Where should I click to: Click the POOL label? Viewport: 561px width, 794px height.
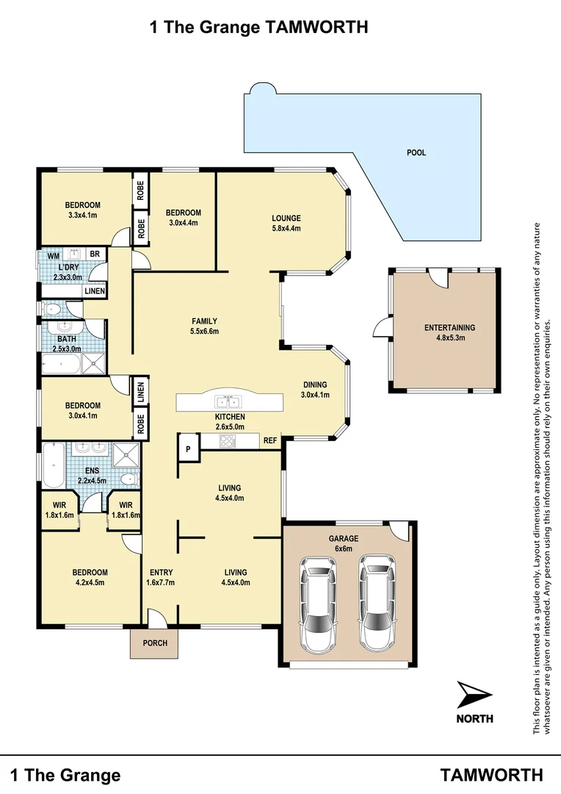(416, 153)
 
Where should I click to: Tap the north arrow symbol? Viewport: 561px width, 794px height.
(474, 694)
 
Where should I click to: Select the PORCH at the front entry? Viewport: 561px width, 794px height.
(155, 643)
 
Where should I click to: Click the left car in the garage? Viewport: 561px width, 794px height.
(317, 603)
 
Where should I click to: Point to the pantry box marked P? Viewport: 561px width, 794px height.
(187, 448)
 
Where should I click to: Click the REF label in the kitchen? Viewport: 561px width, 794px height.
(270, 441)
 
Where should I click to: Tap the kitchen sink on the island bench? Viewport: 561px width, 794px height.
(228, 402)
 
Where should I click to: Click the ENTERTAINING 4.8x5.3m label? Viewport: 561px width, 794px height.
(449, 333)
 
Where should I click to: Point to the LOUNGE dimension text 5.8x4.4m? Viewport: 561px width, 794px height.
(286, 228)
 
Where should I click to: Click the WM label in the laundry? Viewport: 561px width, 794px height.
(53, 256)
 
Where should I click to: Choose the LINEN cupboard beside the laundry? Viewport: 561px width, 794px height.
(95, 291)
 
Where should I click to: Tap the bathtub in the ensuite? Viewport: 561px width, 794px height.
(53, 465)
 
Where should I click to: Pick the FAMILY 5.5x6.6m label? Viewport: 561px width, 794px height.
(205, 326)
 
